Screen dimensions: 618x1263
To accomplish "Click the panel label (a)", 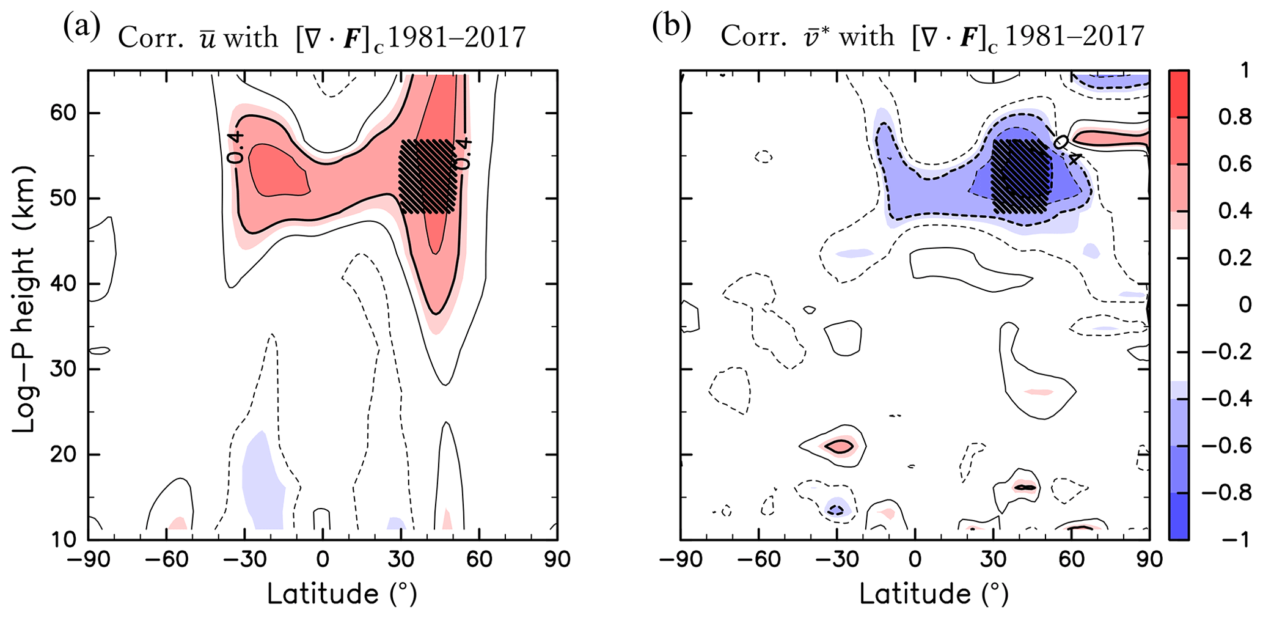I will click(81, 28).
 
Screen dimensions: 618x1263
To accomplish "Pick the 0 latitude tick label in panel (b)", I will click(915, 560).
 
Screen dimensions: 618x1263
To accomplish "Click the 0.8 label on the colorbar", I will click(1234, 117).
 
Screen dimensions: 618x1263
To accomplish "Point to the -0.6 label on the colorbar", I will click(1226, 446).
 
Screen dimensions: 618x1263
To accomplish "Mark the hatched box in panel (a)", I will click(427, 177).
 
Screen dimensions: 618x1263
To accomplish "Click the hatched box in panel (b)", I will click(1021, 177).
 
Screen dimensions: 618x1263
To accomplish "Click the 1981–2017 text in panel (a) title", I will click(456, 38).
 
